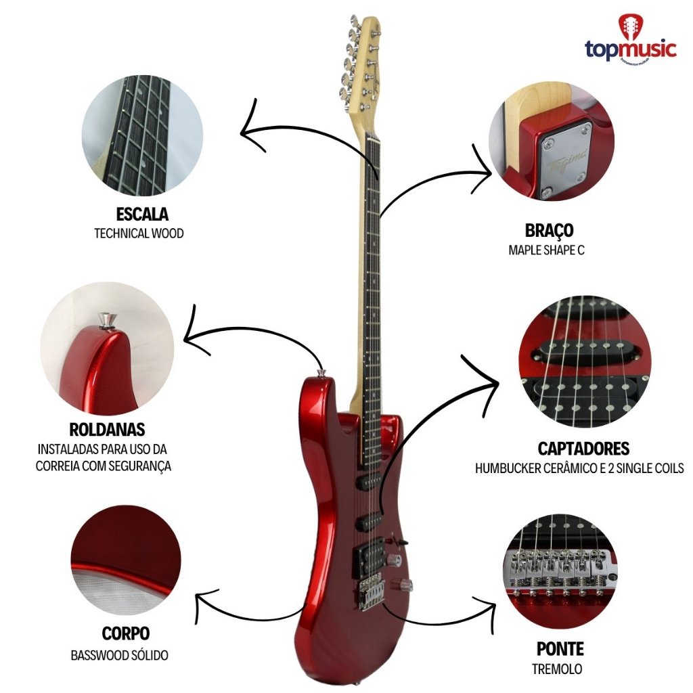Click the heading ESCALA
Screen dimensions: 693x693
pos(142,215)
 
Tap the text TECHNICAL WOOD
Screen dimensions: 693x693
pos(139,233)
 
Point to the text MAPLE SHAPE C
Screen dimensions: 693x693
pos(546,250)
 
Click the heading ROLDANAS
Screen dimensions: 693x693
pos(107,430)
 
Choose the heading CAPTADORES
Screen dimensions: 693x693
pos(583,448)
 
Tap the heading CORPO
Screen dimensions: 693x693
pos(126,634)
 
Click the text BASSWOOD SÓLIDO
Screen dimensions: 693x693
pos(119,655)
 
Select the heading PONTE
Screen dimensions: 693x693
pos(560,650)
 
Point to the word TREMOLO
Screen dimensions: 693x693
pos(557,670)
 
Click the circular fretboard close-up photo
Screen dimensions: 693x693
pos(142,135)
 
